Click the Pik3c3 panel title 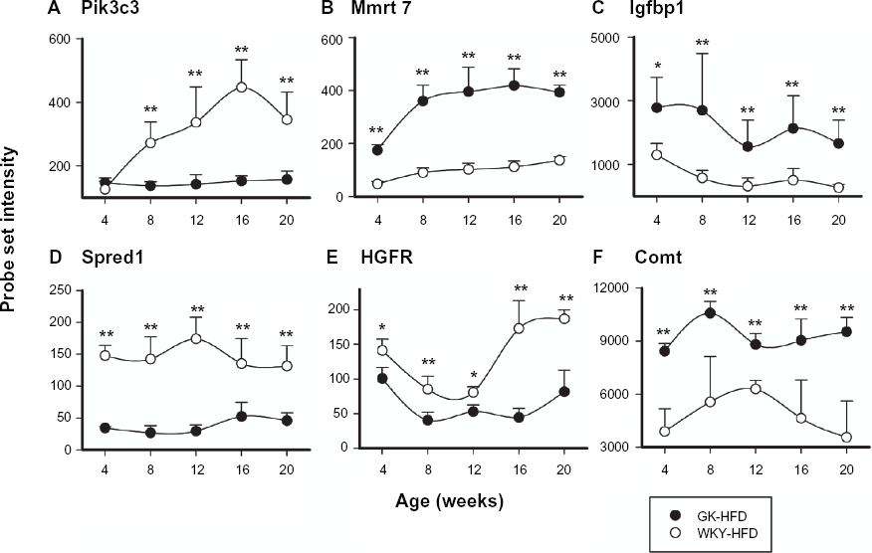[109, 9]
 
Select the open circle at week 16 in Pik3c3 [241, 88]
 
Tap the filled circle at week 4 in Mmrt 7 [377, 149]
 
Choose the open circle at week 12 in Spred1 [196, 338]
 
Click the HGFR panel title [387, 258]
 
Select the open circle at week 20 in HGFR [563, 318]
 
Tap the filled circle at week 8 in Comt [710, 313]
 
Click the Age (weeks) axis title [449, 500]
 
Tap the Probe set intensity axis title [9, 230]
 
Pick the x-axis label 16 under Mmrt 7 [515, 220]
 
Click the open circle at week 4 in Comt [664, 432]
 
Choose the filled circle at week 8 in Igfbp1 [702, 110]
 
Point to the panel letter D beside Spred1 [55, 258]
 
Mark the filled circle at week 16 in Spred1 [241, 417]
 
